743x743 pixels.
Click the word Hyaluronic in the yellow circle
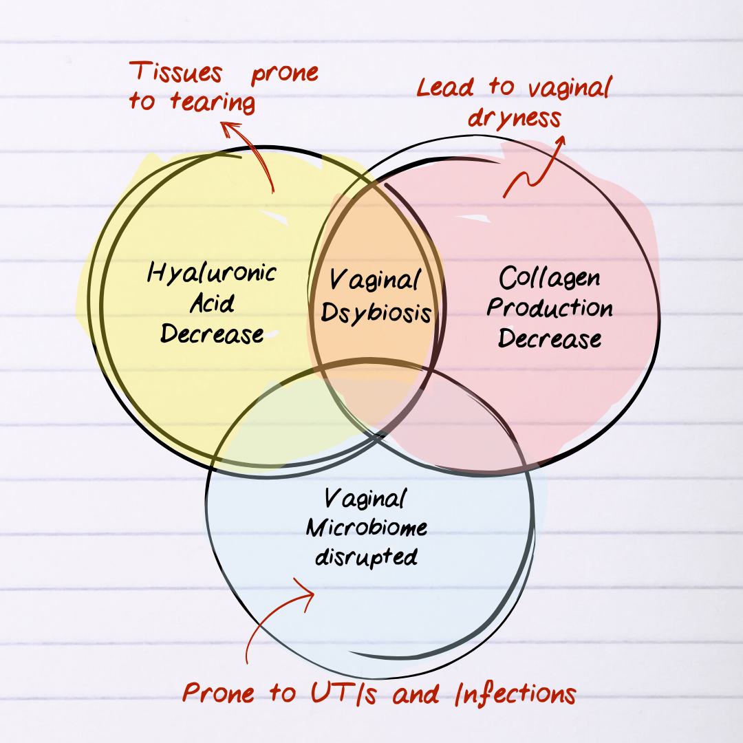click(212, 273)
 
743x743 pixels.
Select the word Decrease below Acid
click(212, 334)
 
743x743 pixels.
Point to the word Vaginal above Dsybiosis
click(375, 281)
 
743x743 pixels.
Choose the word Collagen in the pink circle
click(549, 279)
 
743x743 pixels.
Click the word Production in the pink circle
click(550, 308)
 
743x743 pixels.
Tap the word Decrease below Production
click(550, 338)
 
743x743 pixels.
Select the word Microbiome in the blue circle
click(367, 528)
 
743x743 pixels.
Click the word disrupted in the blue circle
click(366, 557)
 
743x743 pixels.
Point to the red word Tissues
click(177, 72)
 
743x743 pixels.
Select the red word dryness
click(515, 118)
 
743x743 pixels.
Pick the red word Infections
click(515, 693)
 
